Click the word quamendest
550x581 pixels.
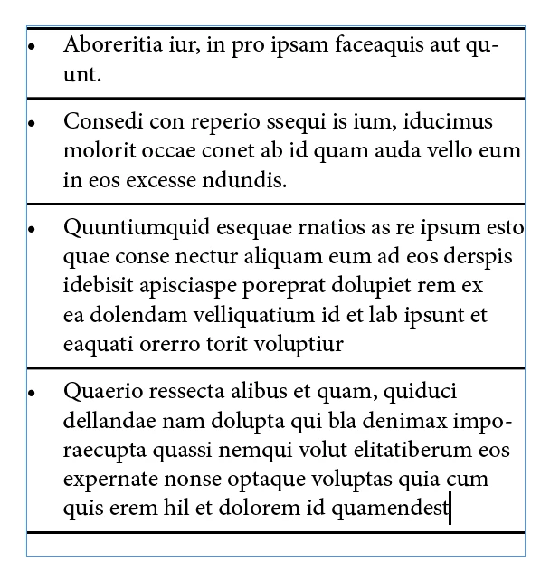[x=391, y=508]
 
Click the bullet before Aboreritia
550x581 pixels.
[x=31, y=44]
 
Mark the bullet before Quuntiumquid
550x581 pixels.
[x=31, y=230]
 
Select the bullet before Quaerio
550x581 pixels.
[x=31, y=394]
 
